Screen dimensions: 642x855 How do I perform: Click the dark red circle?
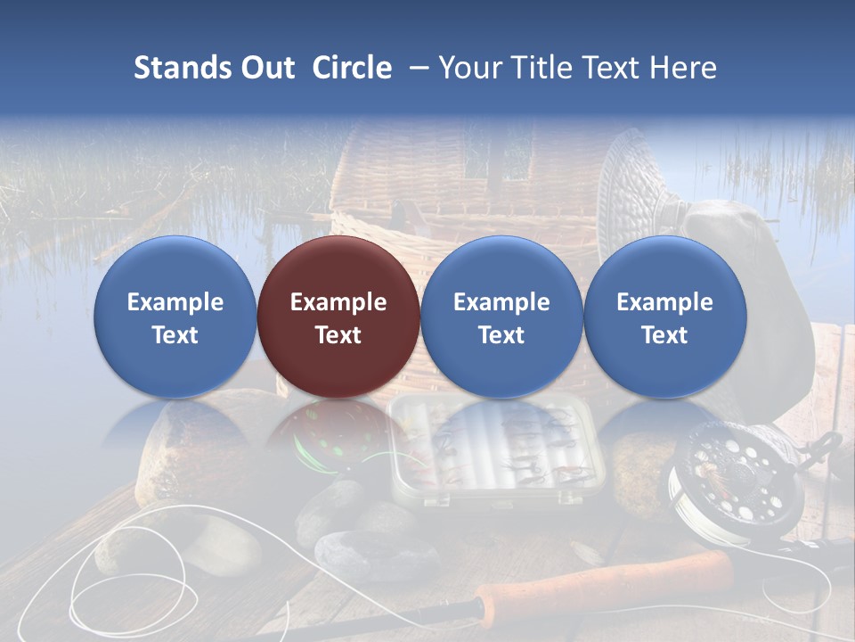coord(338,317)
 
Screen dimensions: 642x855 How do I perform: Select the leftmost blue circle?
coord(175,317)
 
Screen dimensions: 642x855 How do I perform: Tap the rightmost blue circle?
coord(664,317)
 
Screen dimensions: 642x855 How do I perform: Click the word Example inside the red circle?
coord(338,302)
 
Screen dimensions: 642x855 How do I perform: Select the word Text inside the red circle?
coord(338,335)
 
